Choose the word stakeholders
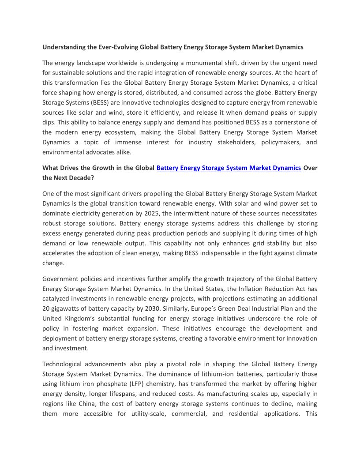coord(228,142)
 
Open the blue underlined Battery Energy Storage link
coord(229,168)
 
